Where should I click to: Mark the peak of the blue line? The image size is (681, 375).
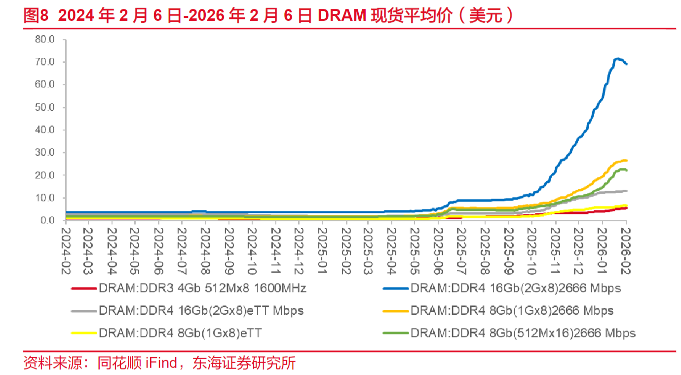616,59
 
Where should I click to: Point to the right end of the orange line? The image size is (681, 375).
626,160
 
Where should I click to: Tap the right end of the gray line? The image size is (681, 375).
626,191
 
